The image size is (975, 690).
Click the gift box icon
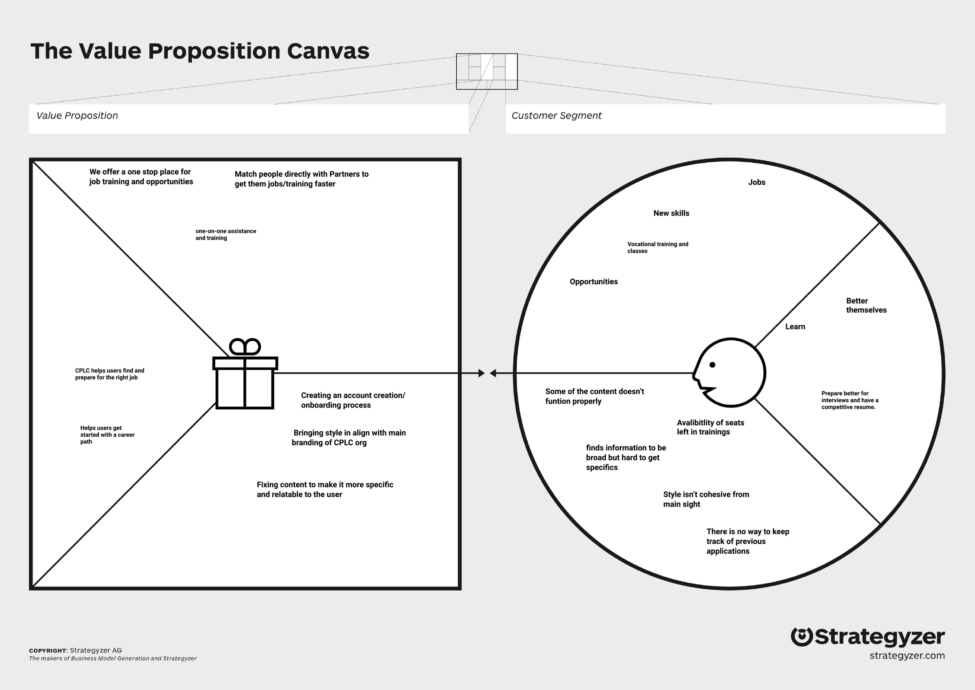(x=245, y=382)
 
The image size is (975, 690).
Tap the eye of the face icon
(x=712, y=365)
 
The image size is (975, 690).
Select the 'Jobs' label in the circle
(x=756, y=182)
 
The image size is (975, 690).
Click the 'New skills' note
(x=671, y=213)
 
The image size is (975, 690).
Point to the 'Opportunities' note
(x=593, y=282)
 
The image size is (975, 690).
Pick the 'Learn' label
(x=795, y=327)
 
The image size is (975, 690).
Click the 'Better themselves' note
(x=866, y=306)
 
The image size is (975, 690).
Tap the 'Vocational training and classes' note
(x=658, y=247)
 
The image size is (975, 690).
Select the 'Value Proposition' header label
(x=77, y=116)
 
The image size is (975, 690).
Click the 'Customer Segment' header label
(x=556, y=116)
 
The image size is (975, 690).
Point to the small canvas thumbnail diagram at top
(x=487, y=71)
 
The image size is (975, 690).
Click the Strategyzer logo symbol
(x=801, y=637)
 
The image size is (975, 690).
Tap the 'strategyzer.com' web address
(x=907, y=656)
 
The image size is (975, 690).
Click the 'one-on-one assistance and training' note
(x=225, y=235)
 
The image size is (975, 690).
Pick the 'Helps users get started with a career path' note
(x=107, y=435)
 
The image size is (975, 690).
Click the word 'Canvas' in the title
(x=328, y=51)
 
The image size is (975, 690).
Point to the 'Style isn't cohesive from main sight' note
(x=706, y=499)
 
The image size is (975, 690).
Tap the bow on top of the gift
(x=245, y=347)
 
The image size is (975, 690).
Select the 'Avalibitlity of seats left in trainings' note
(x=710, y=427)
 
